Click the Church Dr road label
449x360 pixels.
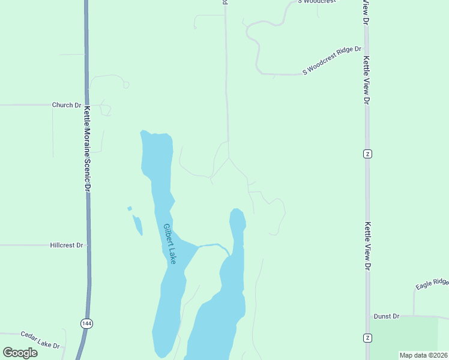pos(66,105)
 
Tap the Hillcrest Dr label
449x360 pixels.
pos(66,245)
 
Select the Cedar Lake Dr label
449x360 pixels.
pos(40,340)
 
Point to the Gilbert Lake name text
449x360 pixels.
pos(170,244)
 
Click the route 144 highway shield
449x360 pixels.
pos(86,323)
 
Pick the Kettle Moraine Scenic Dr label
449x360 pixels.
pos(88,149)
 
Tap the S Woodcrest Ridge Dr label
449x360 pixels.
pos(333,60)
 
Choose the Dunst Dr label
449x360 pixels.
pos(386,316)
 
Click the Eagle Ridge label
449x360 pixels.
pos(432,281)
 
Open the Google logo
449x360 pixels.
pos(20,353)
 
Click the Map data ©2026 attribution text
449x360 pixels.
pos(423,355)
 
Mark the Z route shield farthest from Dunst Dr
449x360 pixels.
pos(367,154)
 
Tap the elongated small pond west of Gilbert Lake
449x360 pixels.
pos(138,226)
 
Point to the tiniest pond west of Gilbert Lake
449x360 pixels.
pos(130,209)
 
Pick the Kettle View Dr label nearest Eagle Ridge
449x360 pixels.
pos(367,246)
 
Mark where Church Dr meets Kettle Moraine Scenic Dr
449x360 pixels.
pos(86,105)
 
